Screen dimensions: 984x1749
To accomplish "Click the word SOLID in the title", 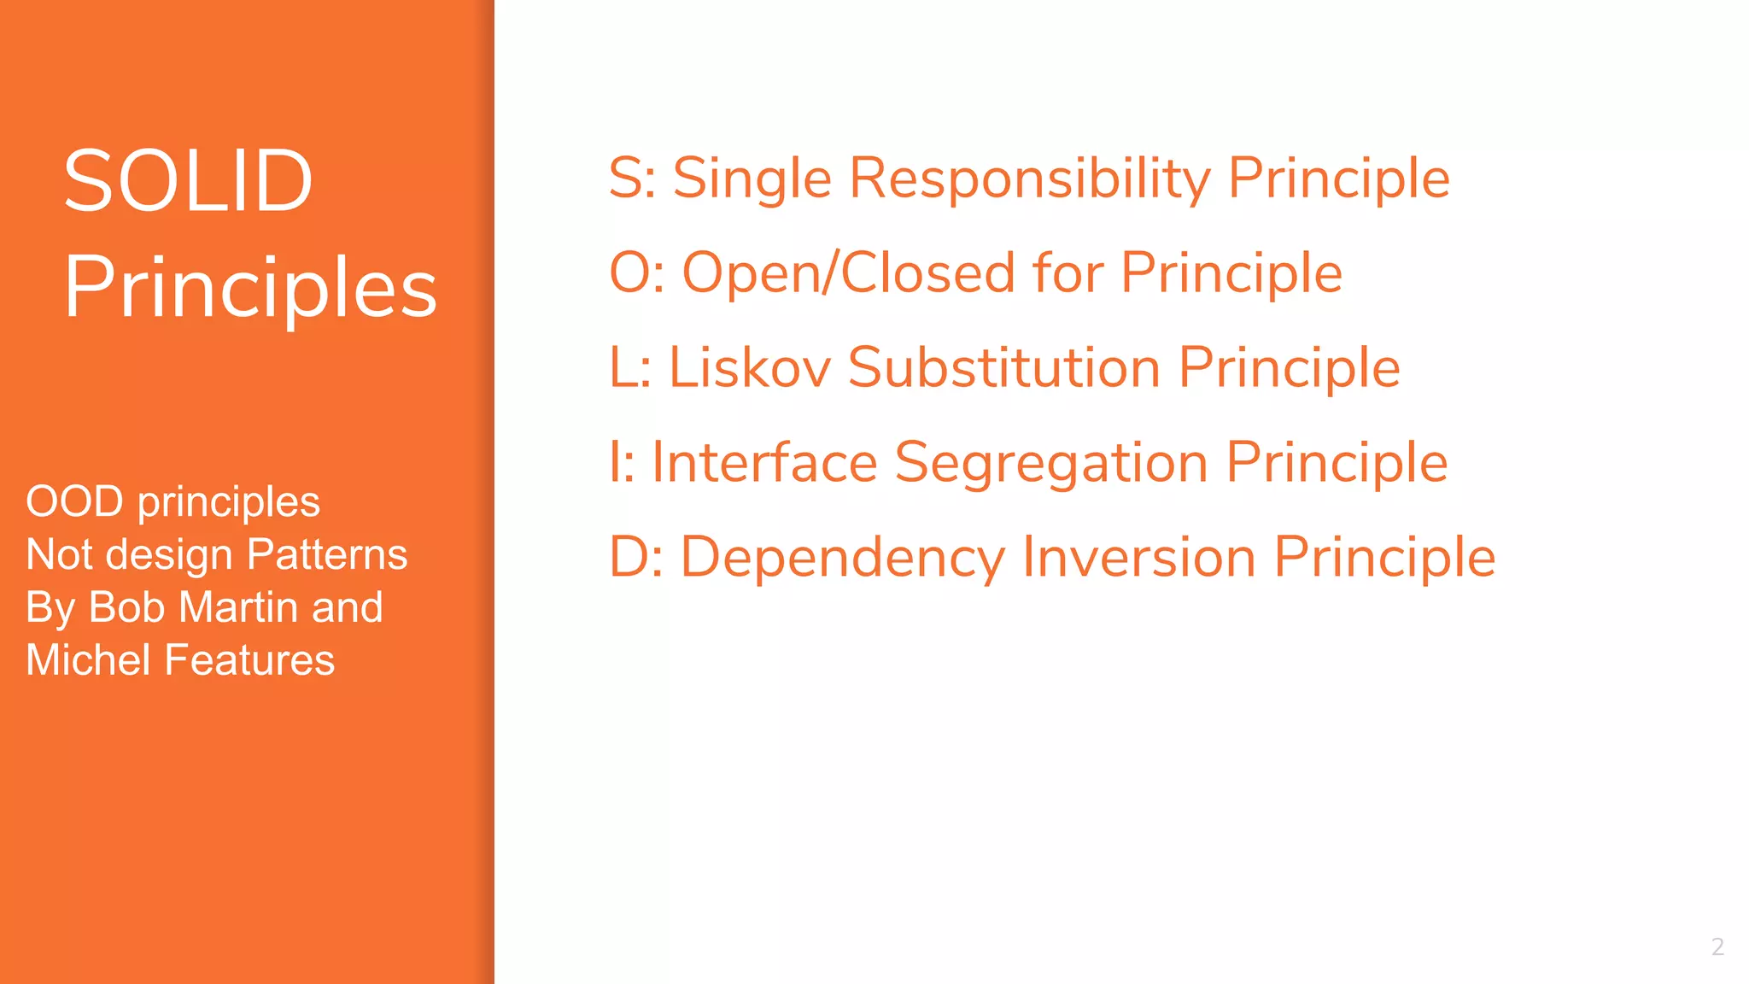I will click(x=188, y=181).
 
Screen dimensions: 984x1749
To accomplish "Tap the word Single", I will click(x=752, y=179).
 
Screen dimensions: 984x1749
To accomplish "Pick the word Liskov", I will click(x=749, y=368).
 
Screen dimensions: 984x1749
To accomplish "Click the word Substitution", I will click(x=1004, y=368).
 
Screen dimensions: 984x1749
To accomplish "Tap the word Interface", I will click(x=764, y=463).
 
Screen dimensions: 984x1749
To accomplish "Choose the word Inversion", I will click(x=1138, y=557).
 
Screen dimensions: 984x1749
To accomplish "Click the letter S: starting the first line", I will click(x=632, y=179).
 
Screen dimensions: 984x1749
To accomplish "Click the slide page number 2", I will click(x=1717, y=946).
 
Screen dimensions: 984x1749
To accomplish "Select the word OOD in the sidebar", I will click(x=74, y=501).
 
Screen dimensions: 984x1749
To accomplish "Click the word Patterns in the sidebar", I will click(x=327, y=554).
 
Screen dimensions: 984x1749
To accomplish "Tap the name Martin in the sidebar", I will click(x=239, y=607).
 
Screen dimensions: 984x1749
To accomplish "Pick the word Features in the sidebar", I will click(x=249, y=660).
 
